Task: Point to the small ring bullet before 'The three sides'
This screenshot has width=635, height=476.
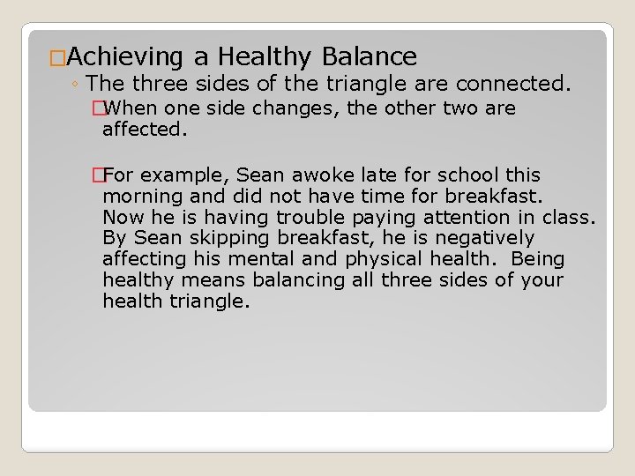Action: tap(78, 86)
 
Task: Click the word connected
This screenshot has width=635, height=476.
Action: tap(520, 85)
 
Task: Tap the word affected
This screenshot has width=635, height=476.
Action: tap(146, 130)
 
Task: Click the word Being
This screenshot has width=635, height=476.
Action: tap(537, 259)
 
